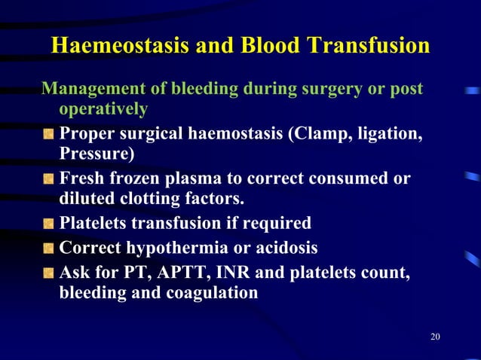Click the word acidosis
(286, 247)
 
